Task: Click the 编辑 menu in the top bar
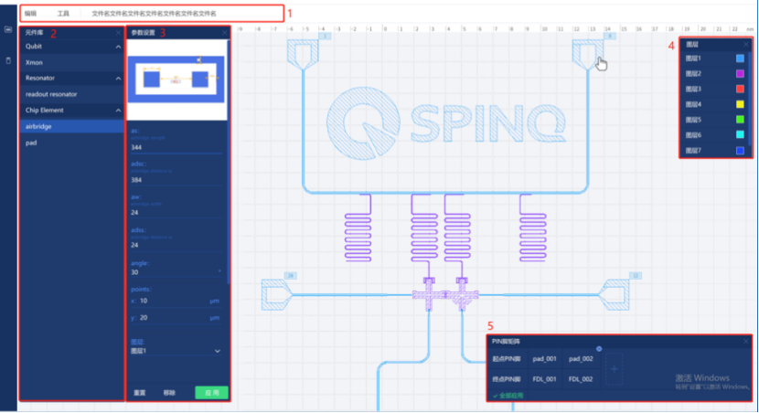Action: tap(31, 14)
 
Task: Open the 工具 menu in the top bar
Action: tap(63, 14)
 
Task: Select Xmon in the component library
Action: tap(35, 61)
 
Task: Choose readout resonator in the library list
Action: tap(51, 93)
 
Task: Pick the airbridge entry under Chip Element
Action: tap(39, 126)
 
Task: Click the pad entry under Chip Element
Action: tap(31, 143)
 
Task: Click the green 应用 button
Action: tap(211, 392)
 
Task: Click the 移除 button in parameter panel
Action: tap(169, 392)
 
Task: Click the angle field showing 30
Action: tap(174, 271)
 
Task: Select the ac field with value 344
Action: tap(174, 146)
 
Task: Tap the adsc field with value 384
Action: tap(174, 179)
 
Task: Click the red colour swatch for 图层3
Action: tap(740, 90)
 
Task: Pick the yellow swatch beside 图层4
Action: tap(740, 104)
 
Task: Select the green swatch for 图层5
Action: tap(740, 120)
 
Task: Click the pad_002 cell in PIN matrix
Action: tap(580, 358)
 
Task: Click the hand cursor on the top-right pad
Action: tap(601, 63)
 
